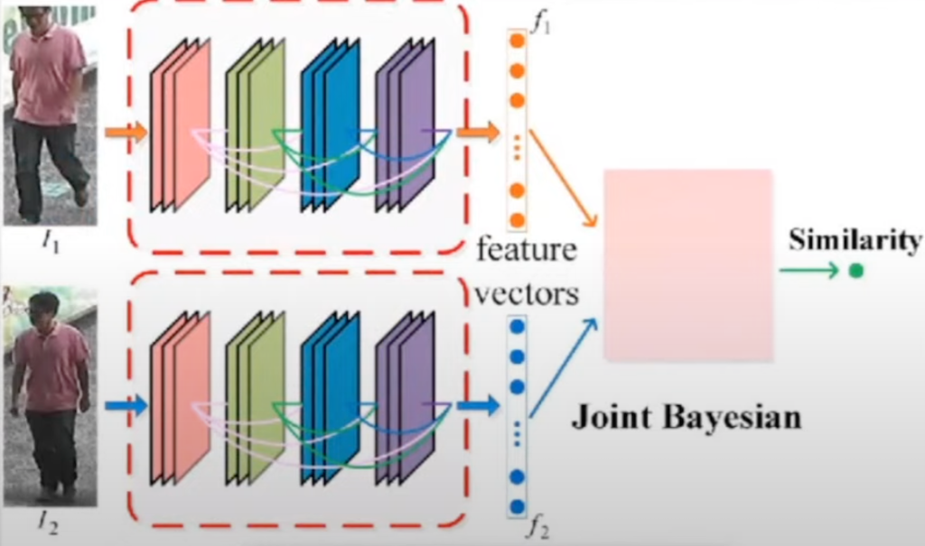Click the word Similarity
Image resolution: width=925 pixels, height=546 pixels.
(x=854, y=240)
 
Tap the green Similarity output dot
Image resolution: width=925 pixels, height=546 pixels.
(x=856, y=270)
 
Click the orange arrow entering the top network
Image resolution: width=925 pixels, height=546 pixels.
(x=126, y=134)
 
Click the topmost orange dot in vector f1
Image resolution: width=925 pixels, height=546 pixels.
(x=517, y=41)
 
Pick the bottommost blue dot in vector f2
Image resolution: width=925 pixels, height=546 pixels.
(x=517, y=505)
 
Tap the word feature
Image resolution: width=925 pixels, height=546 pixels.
(x=527, y=249)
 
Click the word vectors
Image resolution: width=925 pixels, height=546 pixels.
(x=527, y=293)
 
